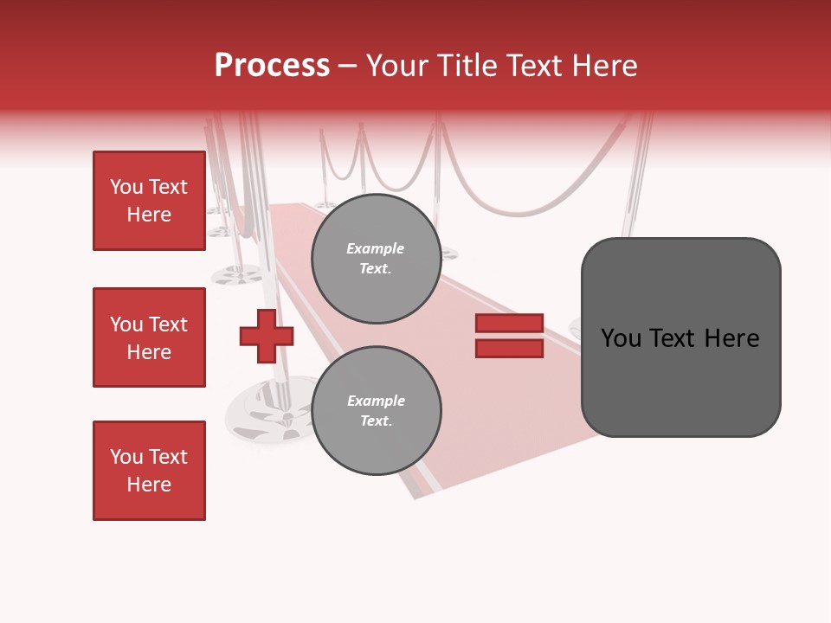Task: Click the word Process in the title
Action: [272, 66]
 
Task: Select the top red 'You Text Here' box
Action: [149, 201]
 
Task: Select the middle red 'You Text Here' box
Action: [149, 337]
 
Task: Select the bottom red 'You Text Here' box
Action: [149, 471]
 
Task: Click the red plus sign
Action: [267, 336]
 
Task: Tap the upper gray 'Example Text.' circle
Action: [376, 259]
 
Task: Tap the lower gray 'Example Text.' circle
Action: [376, 411]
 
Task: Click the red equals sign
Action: [509, 336]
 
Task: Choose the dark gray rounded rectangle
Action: [680, 337]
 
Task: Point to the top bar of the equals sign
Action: [509, 324]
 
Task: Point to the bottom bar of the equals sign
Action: [509, 349]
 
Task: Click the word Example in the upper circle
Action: [376, 248]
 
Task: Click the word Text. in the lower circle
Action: [376, 421]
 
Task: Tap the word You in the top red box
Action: [126, 187]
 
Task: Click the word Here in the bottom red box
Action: [149, 485]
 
